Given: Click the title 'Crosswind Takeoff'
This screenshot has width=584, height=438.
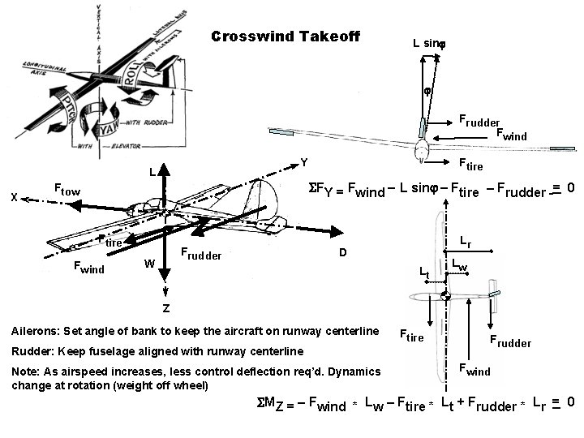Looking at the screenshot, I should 285,36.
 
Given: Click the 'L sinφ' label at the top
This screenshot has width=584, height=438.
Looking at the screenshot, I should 429,42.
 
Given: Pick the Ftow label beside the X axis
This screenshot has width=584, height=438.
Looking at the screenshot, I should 67,190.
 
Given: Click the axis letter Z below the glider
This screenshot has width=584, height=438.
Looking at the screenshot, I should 165,309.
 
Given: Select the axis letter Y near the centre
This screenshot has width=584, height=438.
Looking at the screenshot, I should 303,162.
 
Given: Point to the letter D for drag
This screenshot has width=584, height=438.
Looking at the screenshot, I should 343,253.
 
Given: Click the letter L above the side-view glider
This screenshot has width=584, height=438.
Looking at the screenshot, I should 152,173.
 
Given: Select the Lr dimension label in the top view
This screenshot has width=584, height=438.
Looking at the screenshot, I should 466,241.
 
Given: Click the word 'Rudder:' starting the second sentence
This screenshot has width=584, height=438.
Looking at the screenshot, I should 35,351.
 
